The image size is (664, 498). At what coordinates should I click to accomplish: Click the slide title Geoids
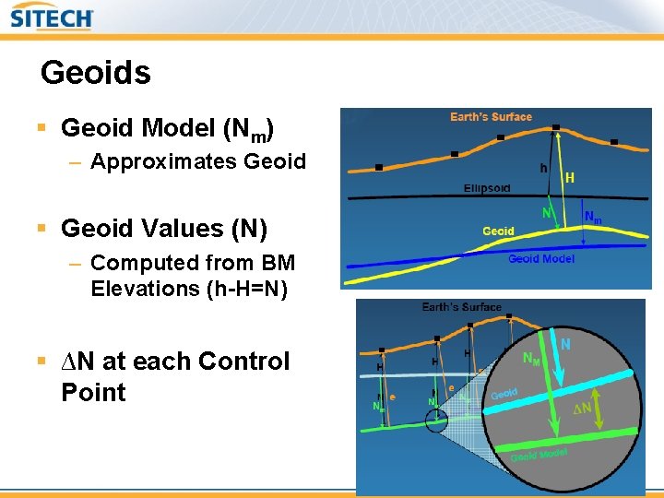95,72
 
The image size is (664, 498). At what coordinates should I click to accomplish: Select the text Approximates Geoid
198,162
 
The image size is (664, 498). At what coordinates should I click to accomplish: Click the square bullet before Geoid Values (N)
46,229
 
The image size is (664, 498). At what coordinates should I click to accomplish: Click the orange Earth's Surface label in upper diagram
491,117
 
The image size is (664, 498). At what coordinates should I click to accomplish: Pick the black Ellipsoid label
486,188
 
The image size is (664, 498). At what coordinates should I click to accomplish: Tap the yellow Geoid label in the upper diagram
498,231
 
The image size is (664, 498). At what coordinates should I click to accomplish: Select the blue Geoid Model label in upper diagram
540,259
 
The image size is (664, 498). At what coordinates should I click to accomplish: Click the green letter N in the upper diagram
546,213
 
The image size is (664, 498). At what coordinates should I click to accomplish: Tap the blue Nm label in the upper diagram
594,219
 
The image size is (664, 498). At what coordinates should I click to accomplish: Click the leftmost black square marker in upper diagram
379,168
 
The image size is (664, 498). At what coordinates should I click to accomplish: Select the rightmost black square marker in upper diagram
614,143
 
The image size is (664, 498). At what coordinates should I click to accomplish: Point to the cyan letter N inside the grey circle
565,344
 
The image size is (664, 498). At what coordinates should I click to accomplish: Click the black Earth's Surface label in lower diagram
461,307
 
